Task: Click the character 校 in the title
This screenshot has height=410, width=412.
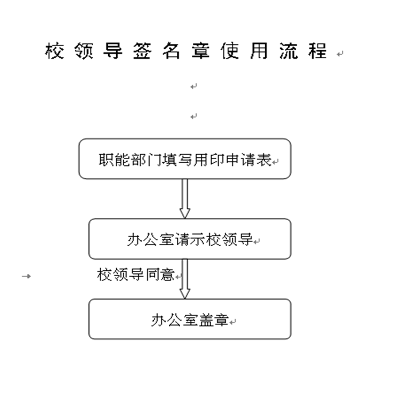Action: point(55,51)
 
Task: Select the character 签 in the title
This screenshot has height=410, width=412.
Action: point(142,51)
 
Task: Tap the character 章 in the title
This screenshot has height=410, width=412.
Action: point(200,51)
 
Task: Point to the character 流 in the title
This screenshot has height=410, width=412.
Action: point(288,51)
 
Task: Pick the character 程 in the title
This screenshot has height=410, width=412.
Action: point(318,51)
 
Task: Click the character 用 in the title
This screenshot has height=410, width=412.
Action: point(259,51)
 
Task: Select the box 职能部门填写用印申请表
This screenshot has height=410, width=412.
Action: point(185,159)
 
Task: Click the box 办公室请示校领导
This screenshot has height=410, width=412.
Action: point(190,239)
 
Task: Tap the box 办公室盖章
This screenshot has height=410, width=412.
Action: point(190,319)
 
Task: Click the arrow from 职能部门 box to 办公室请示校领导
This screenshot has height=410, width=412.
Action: point(185,199)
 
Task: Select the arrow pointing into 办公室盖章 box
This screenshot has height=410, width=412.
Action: point(185,279)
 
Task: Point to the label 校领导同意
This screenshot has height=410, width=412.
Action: point(136,275)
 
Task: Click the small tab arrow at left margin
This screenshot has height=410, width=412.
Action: point(26,276)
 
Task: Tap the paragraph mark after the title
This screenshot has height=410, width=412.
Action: point(340,54)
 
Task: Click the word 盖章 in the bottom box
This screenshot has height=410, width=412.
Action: point(214,320)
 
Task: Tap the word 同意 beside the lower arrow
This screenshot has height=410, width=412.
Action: point(159,275)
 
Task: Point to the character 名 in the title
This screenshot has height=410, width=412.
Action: point(171,51)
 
